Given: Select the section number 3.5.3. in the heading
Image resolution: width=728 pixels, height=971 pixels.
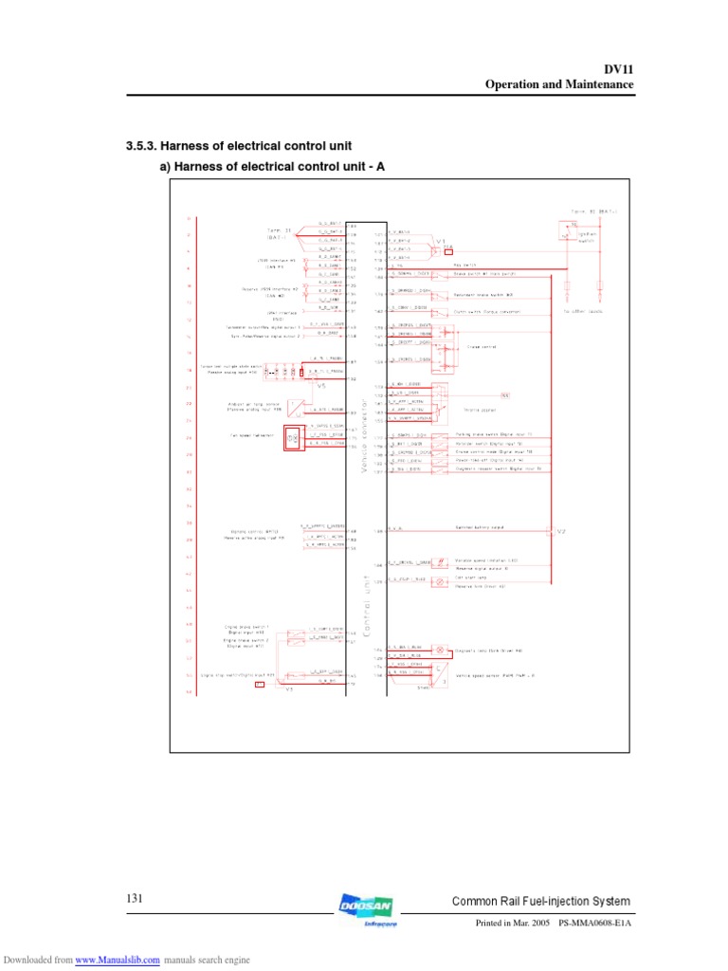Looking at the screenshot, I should (141, 146).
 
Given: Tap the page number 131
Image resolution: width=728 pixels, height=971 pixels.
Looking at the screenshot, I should (134, 898).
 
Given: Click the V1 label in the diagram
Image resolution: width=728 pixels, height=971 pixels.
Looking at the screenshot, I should (442, 242).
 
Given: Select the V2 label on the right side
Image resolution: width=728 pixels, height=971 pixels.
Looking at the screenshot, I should (560, 531).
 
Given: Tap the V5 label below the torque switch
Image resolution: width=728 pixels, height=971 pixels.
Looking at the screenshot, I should (319, 387).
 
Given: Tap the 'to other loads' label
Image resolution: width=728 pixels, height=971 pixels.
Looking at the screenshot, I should (584, 311).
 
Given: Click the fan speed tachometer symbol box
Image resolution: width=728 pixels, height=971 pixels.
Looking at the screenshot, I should (293, 437).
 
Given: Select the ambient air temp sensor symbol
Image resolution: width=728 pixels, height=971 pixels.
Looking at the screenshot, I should (299, 409).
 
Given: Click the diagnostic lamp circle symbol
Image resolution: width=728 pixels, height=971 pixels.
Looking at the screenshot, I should (440, 650).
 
